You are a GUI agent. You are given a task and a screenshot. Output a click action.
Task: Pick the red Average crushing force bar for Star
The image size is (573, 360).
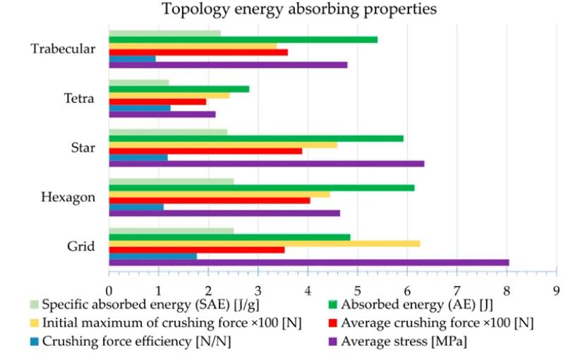pos(205,151)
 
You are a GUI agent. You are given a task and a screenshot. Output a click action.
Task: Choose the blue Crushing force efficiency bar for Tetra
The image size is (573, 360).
pos(140,107)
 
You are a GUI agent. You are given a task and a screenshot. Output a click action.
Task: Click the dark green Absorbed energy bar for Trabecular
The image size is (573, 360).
pos(243,40)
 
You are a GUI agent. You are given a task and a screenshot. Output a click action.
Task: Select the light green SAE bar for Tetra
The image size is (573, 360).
pos(139,83)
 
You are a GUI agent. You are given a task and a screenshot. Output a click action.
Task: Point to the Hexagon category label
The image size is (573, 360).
pos(69,198)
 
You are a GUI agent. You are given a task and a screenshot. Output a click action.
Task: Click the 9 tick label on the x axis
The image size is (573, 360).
pos(557,289)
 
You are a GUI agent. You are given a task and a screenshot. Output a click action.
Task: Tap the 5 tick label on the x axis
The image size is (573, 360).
pos(358,289)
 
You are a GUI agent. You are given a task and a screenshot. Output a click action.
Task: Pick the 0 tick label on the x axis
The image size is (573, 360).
pos(109,289)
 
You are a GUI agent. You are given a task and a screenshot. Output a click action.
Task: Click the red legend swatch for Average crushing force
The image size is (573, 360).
pos(332,324)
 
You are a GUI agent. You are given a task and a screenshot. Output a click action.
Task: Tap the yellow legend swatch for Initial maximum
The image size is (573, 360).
pos(33,324)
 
